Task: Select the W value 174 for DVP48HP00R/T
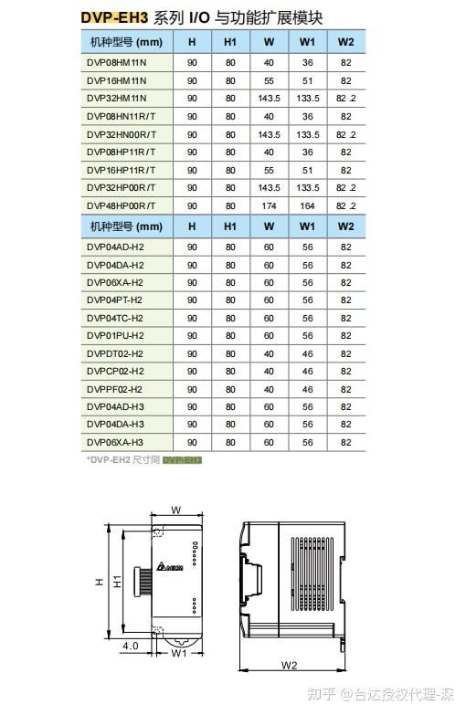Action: [269, 205]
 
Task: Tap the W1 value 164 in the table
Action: [308, 205]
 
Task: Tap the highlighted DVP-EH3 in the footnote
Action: [182, 459]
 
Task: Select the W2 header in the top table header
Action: [345, 42]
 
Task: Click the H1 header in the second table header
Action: [229, 226]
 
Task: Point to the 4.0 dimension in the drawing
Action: [130, 645]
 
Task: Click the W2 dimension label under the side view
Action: [290, 665]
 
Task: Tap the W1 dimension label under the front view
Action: [179, 653]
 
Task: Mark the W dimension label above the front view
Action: [176, 510]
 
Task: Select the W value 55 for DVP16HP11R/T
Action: [269, 170]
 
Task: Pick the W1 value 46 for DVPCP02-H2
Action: [308, 371]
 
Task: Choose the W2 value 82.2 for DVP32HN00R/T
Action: [345, 134]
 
